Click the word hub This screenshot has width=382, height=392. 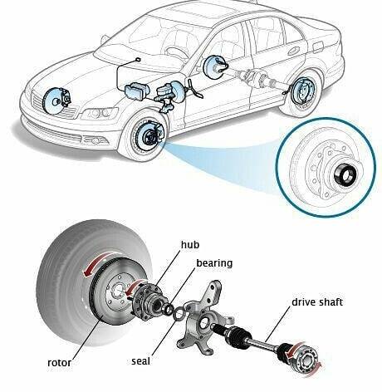(x=190, y=245)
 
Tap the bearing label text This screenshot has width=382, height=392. (x=214, y=263)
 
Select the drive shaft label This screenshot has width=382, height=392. (x=317, y=302)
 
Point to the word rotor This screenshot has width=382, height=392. (x=59, y=363)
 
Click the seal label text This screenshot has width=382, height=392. (x=140, y=361)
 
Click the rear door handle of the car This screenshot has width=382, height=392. (x=294, y=51)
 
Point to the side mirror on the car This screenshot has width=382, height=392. (x=105, y=40)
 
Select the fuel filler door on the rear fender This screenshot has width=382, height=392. (x=317, y=47)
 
